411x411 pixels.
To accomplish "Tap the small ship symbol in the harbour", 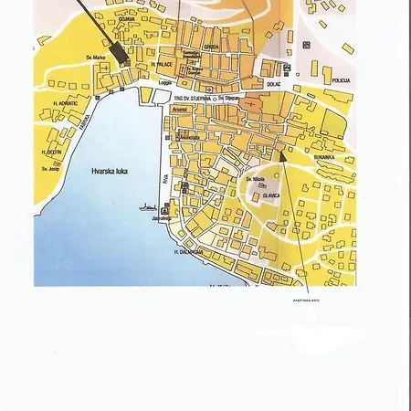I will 147,206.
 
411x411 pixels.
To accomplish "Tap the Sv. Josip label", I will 51,168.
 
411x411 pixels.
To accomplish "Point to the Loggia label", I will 165,81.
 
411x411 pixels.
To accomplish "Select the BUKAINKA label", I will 324,157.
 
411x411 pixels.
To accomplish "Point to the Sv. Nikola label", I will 254,179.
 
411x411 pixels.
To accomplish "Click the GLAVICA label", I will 271,195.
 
